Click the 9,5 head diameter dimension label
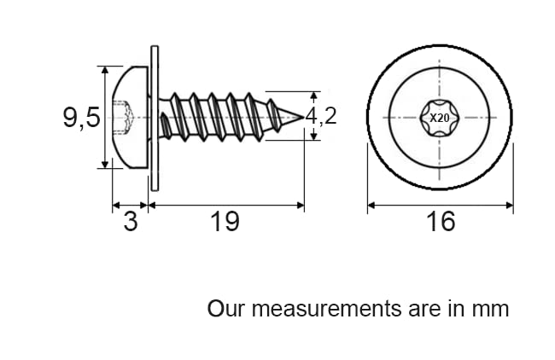coord(81,118)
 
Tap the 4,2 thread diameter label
coord(321,116)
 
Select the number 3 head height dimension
coord(131,222)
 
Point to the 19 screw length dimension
coord(225,222)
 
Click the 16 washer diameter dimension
coord(441,222)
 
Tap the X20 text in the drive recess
coord(439,118)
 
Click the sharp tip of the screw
coord(304,117)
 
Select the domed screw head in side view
coord(131,117)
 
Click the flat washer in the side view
coord(155,118)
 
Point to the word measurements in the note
coord(326,308)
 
